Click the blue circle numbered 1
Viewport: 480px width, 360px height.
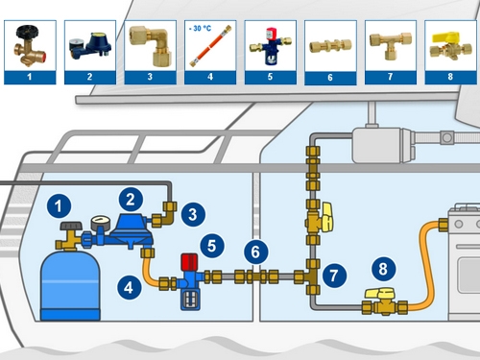coord(59,205)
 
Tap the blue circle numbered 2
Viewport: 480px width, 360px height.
coord(131,200)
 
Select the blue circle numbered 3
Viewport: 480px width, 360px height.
coord(193,214)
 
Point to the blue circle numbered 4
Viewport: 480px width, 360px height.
coord(129,287)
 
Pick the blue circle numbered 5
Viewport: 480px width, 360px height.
coord(212,246)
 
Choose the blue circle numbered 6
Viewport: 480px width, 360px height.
coord(256,252)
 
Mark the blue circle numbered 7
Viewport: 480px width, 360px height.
coord(334,276)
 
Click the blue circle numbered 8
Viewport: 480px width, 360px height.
coord(383,269)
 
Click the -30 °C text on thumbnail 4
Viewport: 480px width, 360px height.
coord(200,29)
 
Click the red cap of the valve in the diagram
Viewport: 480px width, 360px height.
coord(189,262)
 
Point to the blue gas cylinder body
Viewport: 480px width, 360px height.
coord(70,286)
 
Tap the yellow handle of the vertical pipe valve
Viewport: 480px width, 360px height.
coord(327,217)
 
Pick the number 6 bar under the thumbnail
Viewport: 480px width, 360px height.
coord(330,78)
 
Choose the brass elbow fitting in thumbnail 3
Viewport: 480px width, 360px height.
coord(151,46)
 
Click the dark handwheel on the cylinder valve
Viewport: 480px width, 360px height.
coord(71,226)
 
